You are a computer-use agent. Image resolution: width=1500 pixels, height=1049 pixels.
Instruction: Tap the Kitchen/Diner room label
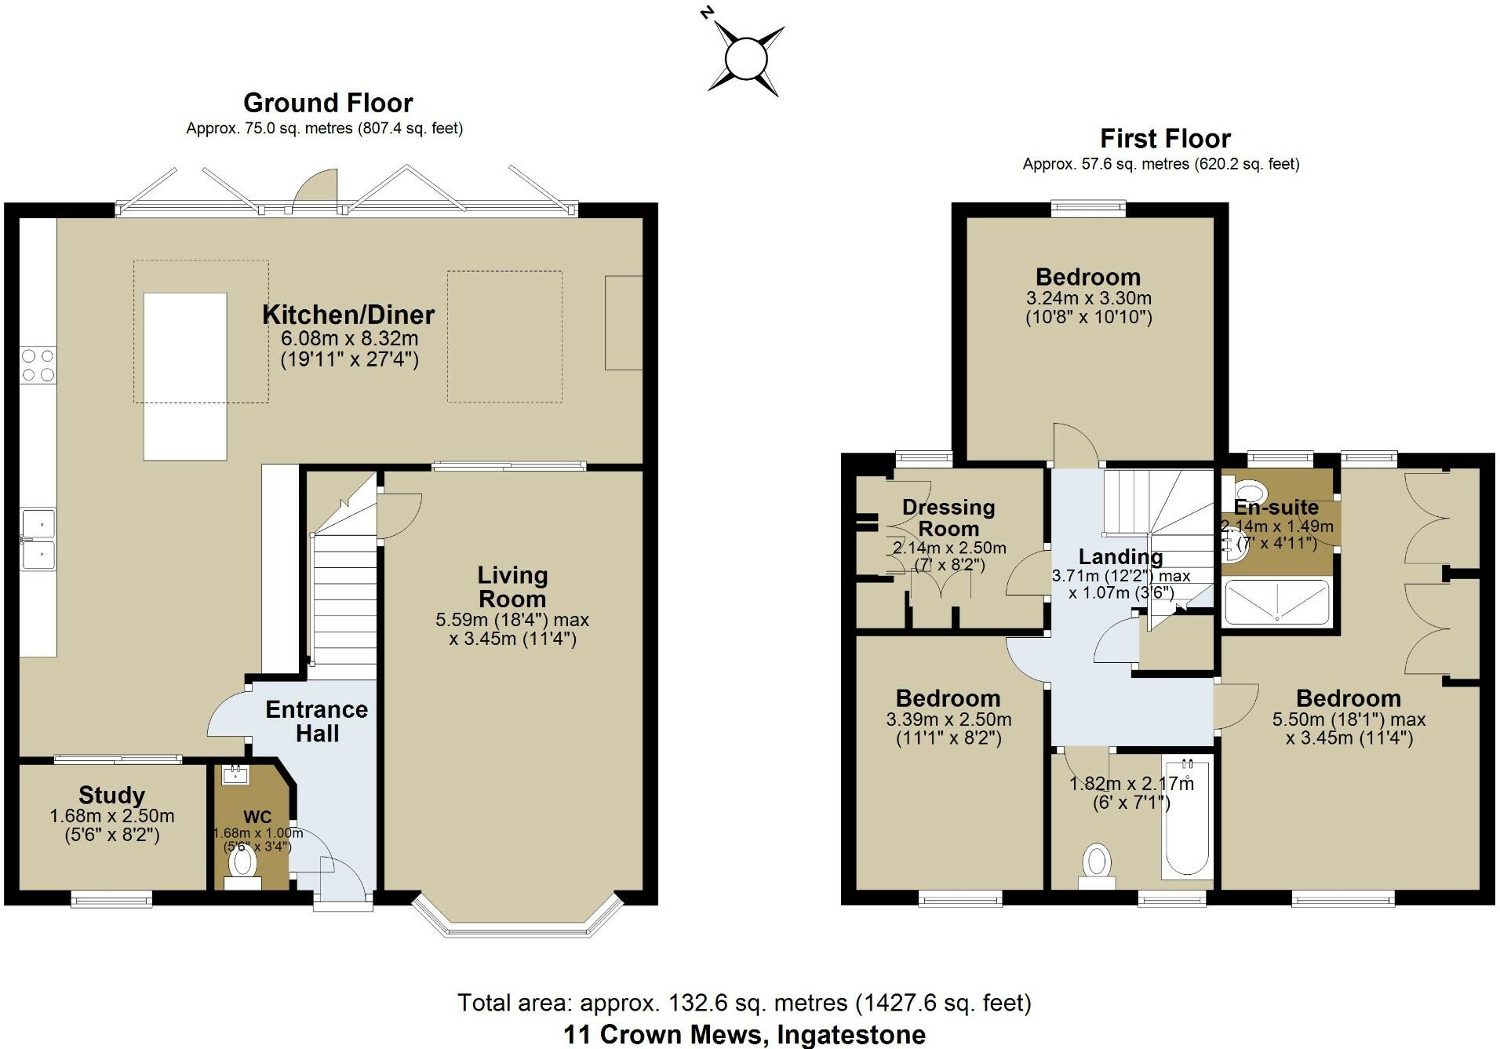pos(348,315)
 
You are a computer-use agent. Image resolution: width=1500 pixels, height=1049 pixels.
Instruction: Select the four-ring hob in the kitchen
pos(38,365)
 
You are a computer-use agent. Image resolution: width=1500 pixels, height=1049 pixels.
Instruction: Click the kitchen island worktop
pos(185,376)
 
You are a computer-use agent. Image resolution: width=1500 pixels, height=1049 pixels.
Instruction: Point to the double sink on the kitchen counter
pos(38,539)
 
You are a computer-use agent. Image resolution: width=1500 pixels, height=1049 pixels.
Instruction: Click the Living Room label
pos(512,587)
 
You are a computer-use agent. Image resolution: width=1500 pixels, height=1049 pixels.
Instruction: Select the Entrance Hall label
pos(316,721)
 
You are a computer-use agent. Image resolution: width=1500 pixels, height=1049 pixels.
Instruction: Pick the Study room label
pos(111,795)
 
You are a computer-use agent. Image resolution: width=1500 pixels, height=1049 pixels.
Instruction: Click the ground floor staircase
pos(345,588)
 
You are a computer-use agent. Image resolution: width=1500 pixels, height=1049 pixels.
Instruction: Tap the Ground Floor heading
pos(328,103)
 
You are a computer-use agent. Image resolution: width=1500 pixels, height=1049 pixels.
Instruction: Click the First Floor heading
pos(1165,139)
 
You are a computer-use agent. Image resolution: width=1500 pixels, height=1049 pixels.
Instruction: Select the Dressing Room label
pos(948,518)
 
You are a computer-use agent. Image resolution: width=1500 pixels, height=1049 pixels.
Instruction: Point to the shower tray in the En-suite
pos(1277,602)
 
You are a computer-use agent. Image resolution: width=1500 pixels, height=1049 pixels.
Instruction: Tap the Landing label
pos(1120,556)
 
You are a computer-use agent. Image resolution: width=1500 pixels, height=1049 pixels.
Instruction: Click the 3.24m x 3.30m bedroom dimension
pos(1088,298)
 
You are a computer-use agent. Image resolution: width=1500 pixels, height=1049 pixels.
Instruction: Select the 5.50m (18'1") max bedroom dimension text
pos(1349,719)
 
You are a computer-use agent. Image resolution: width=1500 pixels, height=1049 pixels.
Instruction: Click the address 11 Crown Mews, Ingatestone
pos(744,1035)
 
